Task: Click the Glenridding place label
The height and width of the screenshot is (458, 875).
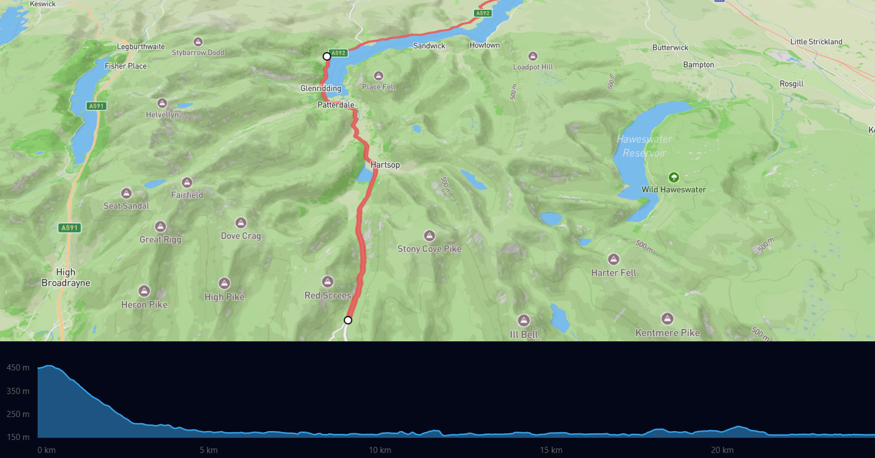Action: (320, 88)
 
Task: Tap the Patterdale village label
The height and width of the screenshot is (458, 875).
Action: (336, 105)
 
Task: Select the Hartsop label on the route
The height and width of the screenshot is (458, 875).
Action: (385, 164)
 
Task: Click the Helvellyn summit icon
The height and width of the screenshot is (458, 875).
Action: (162, 103)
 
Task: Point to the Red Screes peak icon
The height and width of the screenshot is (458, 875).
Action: (328, 281)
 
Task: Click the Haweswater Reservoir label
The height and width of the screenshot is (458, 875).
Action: (644, 146)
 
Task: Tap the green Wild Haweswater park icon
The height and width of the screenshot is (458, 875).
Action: (673, 177)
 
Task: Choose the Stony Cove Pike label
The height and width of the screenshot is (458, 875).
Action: (429, 249)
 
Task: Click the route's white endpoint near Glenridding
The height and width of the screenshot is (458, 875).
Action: (327, 56)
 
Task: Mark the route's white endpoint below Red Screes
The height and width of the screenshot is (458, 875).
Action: (348, 320)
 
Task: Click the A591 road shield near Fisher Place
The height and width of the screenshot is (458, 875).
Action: (97, 106)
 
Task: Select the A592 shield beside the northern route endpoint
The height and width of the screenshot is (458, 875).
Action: (338, 53)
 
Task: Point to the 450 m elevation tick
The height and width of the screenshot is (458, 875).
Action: (18, 368)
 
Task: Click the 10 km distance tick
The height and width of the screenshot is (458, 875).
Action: (380, 450)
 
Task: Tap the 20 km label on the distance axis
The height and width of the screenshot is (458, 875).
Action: (722, 450)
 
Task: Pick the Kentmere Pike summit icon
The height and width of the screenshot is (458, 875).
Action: (667, 318)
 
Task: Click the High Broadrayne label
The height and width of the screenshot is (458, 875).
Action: (66, 277)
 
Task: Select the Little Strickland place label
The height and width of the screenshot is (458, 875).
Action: (816, 42)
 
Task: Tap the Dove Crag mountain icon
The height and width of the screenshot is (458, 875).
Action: (241, 223)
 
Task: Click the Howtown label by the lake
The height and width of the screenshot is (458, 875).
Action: (484, 45)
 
